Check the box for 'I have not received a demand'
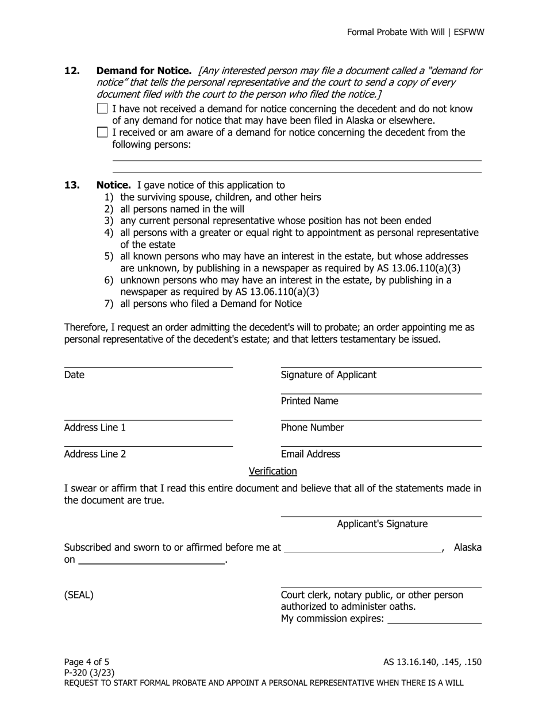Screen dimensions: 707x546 point(102,109)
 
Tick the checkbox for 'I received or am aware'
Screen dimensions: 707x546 point(102,132)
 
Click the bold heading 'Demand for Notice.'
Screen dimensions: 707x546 point(144,71)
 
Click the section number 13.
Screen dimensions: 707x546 point(72,185)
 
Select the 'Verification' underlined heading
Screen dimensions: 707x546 point(272,471)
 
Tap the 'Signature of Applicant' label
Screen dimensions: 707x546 point(328,375)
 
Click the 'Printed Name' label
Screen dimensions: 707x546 point(309,401)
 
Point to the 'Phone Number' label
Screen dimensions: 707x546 point(312,428)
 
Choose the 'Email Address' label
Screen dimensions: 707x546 point(310,454)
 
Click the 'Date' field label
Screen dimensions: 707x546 point(74,375)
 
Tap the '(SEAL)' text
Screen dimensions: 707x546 point(79,595)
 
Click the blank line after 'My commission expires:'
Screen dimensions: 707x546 point(435,620)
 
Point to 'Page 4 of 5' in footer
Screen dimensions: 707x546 point(86,662)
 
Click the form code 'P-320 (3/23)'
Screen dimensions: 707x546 point(89,673)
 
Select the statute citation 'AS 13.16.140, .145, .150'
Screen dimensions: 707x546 point(432,662)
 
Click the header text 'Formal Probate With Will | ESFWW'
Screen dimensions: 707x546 point(415,32)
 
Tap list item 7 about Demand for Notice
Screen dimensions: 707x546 point(210,303)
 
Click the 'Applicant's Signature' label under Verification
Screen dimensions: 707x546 point(382,524)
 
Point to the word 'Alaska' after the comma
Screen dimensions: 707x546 point(467,547)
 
